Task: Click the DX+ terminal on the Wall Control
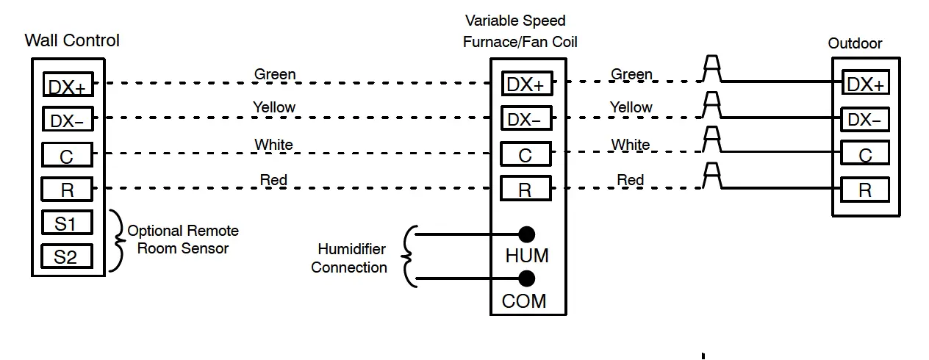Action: coord(68,84)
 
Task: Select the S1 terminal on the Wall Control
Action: coord(67,223)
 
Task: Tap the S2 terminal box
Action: coord(67,256)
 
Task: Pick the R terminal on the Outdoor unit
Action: coord(865,190)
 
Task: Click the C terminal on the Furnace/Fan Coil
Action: coord(526,154)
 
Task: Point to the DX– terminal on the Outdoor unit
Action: coord(865,120)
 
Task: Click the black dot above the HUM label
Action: coord(527,234)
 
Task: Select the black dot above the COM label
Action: coord(527,278)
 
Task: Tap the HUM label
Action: coord(527,256)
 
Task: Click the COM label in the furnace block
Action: coord(524,301)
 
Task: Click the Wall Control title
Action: coord(72,40)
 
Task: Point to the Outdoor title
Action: coord(856,43)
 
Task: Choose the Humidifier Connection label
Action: coord(349,258)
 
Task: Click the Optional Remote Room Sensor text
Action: coord(183,240)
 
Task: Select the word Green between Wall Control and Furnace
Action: coord(275,74)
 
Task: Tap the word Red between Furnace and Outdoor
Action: coord(631,180)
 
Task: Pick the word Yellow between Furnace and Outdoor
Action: coord(631,107)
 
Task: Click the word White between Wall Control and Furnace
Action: coord(273,145)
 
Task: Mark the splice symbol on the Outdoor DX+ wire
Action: coord(711,68)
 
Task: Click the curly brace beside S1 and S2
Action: coord(117,240)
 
